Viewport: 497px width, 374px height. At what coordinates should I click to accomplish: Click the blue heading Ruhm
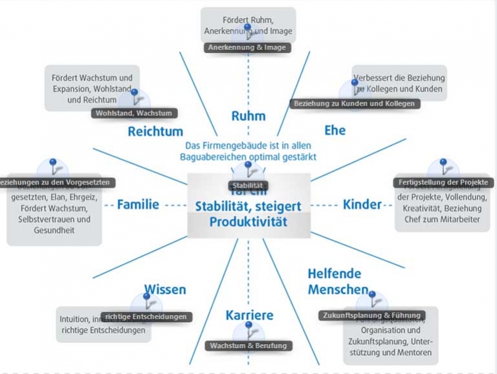click(x=248, y=116)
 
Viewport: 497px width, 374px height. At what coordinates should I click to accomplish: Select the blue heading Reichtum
click(x=155, y=131)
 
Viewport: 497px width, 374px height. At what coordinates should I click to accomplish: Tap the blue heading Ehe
click(x=335, y=130)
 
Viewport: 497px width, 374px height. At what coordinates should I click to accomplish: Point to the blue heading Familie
click(x=138, y=204)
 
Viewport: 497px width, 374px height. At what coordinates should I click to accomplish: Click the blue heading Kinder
click(x=362, y=204)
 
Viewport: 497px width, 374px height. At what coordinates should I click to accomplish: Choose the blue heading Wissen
click(x=164, y=289)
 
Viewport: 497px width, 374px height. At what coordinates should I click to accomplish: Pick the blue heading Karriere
click(x=249, y=316)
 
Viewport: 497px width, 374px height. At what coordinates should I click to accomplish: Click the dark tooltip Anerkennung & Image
click(x=246, y=47)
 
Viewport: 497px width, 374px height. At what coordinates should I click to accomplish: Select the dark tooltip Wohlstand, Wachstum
click(x=134, y=113)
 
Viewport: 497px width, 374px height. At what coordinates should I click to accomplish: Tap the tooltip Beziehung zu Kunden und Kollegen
click(x=354, y=103)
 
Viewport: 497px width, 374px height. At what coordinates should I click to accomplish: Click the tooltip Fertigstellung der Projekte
click(x=443, y=182)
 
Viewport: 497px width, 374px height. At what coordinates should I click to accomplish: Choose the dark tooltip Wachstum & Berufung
click(x=248, y=346)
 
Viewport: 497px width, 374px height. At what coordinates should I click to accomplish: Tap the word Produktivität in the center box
click(x=248, y=222)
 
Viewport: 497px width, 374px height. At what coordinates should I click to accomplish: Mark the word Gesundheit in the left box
click(x=54, y=231)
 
